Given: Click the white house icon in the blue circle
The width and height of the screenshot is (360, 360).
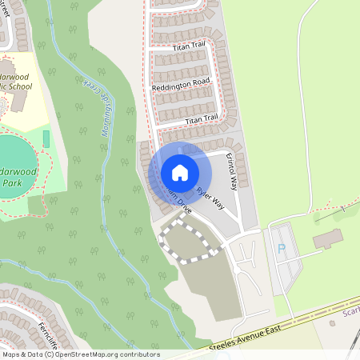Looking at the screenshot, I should (x=180, y=172).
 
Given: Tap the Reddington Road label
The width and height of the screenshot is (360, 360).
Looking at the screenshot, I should (x=180, y=82).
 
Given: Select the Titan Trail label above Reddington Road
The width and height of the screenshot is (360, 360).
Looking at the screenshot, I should (x=189, y=48).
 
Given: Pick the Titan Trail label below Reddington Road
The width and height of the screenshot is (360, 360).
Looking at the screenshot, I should (x=201, y=118).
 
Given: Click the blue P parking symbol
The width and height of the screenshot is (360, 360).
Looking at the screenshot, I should (x=281, y=249).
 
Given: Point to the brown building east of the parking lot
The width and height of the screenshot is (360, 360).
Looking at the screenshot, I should (x=327, y=238).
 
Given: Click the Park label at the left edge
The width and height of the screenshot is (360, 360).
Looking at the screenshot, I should (x=11, y=182).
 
